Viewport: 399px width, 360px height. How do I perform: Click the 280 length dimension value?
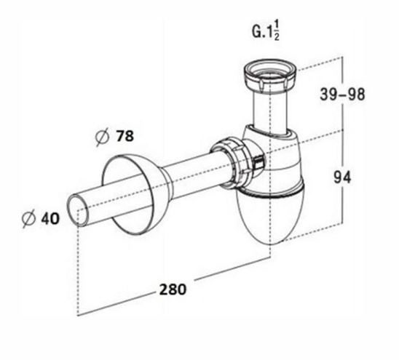click(x=173, y=289)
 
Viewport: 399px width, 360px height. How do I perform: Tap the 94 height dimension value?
click(x=342, y=177)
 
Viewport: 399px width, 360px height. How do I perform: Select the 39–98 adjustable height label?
click(x=342, y=94)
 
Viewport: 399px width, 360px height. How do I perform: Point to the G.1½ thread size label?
click(x=266, y=31)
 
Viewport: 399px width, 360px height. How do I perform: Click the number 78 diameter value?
click(x=125, y=136)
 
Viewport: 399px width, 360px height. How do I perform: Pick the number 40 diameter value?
click(x=50, y=218)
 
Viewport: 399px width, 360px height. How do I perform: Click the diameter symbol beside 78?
click(x=102, y=137)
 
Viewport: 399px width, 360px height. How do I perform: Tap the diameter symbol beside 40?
click(x=28, y=219)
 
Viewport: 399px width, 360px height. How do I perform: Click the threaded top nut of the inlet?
click(x=270, y=75)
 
